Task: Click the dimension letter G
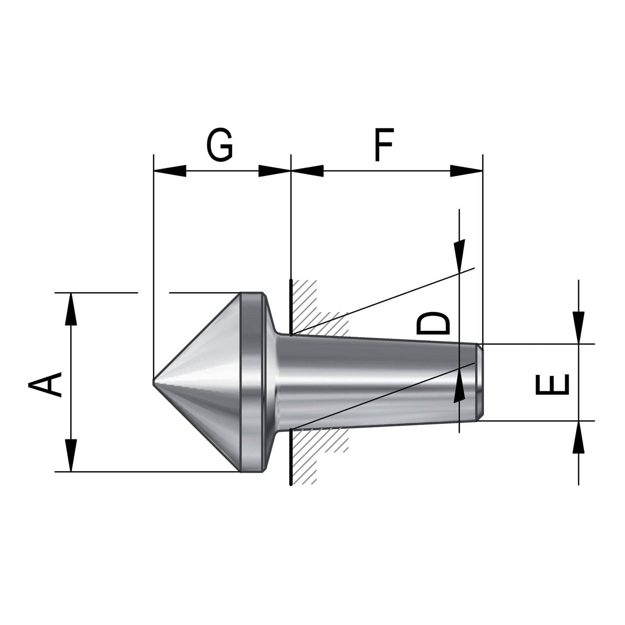point(220,145)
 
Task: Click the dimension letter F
point(384,145)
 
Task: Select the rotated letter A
point(45,384)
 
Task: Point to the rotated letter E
point(552,384)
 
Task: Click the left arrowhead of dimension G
point(170,171)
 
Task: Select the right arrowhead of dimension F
point(467,171)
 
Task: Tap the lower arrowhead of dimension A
point(71,455)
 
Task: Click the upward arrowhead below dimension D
point(459,387)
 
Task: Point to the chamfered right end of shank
point(480,382)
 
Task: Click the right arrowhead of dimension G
point(275,171)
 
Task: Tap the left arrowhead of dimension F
point(308,171)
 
